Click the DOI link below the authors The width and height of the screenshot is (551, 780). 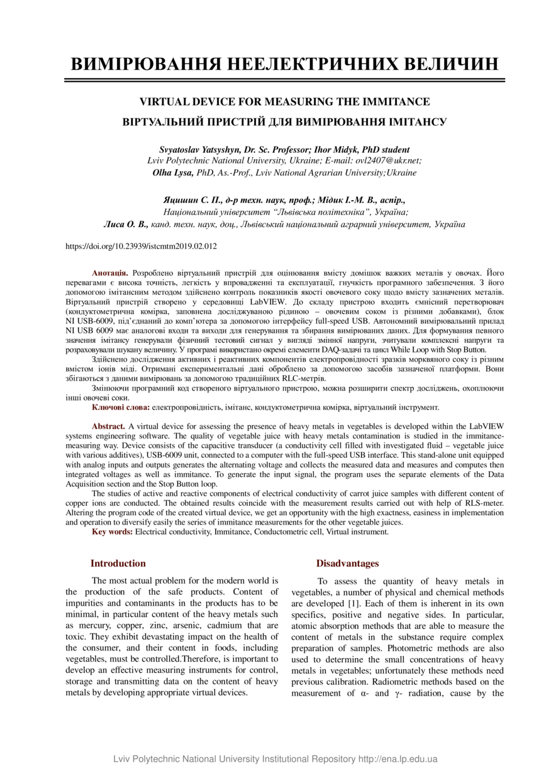click(141, 247)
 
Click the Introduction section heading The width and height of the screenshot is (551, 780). click(118, 563)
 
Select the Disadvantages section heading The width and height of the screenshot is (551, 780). click(347, 563)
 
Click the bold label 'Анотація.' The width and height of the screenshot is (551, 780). click(110, 272)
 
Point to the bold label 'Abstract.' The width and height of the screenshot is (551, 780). click(109, 426)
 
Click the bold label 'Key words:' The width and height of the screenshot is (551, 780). click(112, 532)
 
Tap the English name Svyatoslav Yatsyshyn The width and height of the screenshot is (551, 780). click(199, 150)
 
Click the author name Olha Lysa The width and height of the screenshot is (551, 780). click(173, 172)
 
